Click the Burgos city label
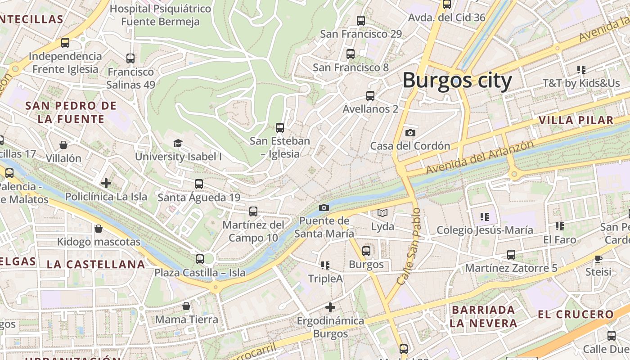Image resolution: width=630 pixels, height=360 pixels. click(x=457, y=81)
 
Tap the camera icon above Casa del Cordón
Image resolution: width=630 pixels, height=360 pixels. click(x=410, y=133)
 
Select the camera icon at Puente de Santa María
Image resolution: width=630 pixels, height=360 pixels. click(x=324, y=207)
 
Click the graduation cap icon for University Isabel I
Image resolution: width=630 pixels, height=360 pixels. click(x=178, y=143)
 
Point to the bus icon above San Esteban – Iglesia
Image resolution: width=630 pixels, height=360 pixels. click(x=280, y=127)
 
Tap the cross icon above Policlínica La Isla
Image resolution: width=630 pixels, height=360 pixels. click(x=106, y=183)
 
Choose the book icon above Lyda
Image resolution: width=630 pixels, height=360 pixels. click(x=382, y=213)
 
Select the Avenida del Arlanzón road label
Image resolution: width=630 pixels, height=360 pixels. click(x=480, y=158)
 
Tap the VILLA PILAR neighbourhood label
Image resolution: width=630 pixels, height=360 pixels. click(x=576, y=120)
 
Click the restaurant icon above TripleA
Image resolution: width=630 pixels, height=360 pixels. click(x=325, y=265)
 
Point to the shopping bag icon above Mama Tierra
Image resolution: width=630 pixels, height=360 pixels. click(x=186, y=306)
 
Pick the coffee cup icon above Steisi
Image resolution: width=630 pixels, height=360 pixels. click(x=598, y=259)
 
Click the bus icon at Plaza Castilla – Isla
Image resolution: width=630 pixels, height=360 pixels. click(x=200, y=259)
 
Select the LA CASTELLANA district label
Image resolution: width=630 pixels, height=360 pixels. click(x=96, y=264)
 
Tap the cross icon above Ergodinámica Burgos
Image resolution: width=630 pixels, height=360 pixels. click(x=330, y=307)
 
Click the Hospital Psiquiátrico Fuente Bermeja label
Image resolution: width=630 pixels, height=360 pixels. click(x=160, y=15)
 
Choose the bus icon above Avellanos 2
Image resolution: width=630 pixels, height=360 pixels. click(x=370, y=96)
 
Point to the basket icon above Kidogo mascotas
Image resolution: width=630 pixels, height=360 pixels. click(x=99, y=229)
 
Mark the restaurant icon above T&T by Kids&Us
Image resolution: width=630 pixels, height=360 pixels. click(x=581, y=70)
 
